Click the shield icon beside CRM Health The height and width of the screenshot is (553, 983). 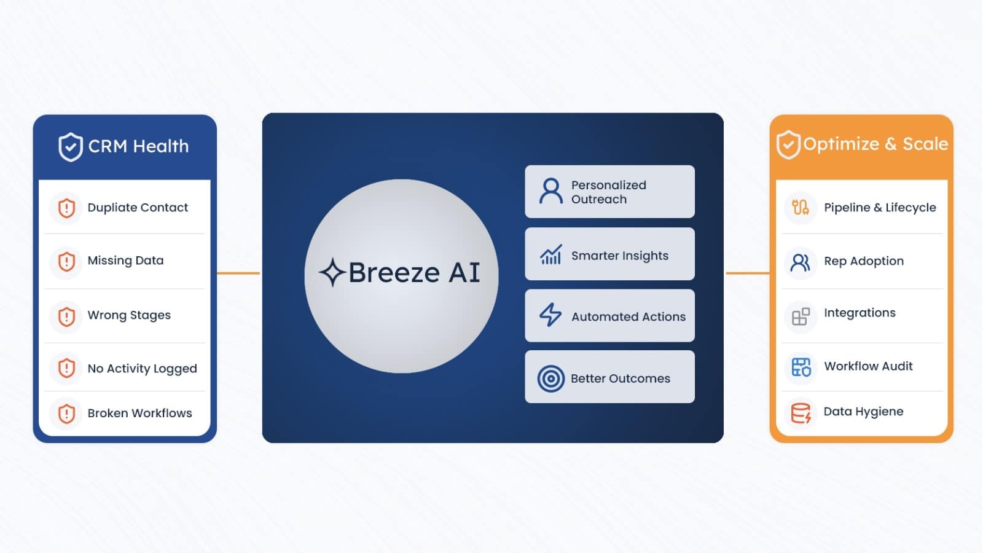(x=70, y=147)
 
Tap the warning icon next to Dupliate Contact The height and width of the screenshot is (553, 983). (x=67, y=208)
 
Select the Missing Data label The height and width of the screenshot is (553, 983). (x=125, y=261)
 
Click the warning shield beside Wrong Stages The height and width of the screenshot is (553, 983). (x=67, y=316)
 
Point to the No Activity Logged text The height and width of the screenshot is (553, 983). (x=142, y=369)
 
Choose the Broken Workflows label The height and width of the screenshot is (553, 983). (x=139, y=414)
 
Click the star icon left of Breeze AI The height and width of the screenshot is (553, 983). (x=332, y=272)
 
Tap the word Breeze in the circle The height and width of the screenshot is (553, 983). (x=394, y=273)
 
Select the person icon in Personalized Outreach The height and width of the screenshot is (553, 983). (x=550, y=191)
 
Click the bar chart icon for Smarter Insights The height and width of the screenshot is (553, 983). (x=550, y=254)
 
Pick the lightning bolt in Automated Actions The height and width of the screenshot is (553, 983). (x=550, y=315)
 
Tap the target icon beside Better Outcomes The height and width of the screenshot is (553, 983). (x=550, y=378)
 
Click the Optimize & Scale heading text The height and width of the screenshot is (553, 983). (x=875, y=144)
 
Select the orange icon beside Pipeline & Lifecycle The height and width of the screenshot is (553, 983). (x=801, y=207)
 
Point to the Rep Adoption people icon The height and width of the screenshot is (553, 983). (x=801, y=262)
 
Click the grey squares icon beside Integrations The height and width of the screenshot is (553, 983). (x=801, y=316)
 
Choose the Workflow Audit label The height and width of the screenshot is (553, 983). (x=868, y=366)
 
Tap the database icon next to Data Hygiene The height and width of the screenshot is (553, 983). (x=801, y=413)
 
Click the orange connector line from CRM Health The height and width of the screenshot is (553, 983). (x=239, y=273)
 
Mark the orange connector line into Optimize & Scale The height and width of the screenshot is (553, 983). (x=748, y=273)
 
